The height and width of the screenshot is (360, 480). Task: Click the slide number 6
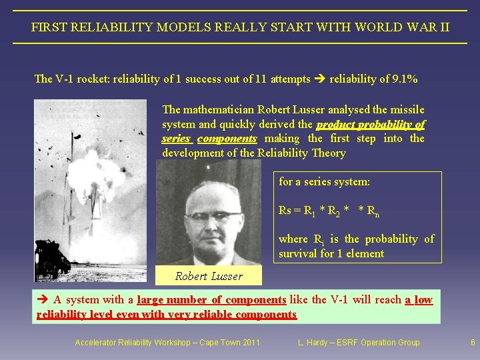pos(473,343)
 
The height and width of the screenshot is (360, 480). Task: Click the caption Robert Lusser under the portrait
pos(209,276)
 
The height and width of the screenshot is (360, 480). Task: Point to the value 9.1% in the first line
pos(405,79)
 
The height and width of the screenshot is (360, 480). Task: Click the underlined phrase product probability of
pos(371,125)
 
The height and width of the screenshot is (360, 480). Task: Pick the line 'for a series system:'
pos(324,181)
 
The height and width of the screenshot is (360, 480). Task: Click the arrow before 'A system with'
pos(43,300)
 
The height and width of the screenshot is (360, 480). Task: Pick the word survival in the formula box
pos(297,253)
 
